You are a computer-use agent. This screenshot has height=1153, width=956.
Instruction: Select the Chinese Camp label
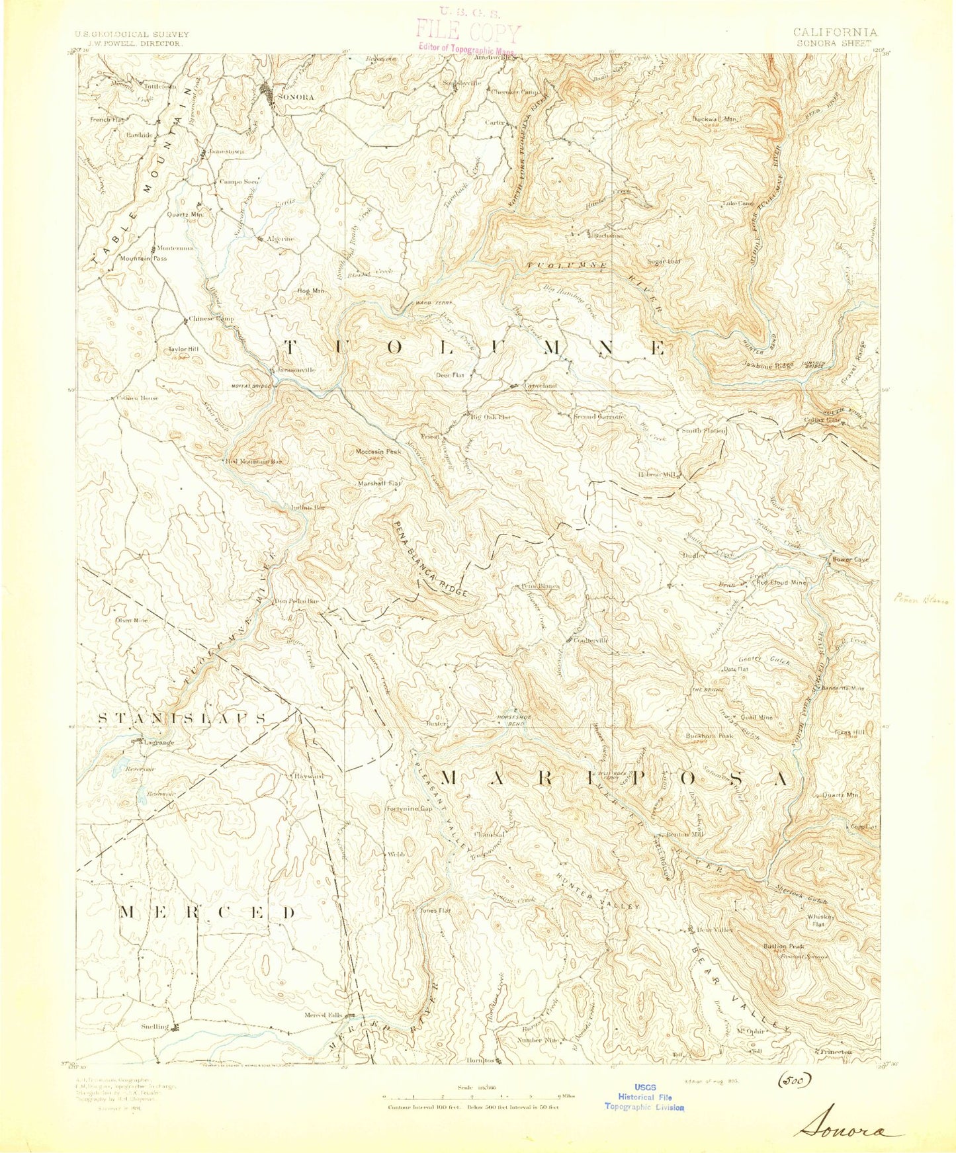(212, 319)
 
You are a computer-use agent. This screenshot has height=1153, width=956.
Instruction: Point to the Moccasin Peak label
(378, 452)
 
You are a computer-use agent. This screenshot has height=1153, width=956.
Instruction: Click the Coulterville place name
(591, 640)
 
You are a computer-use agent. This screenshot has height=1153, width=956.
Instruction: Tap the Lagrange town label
(159, 743)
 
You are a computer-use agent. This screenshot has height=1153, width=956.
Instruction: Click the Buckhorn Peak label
(710, 736)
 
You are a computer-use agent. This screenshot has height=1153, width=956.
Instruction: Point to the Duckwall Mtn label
(715, 119)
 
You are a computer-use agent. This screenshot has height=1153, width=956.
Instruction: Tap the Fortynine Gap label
(410, 809)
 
